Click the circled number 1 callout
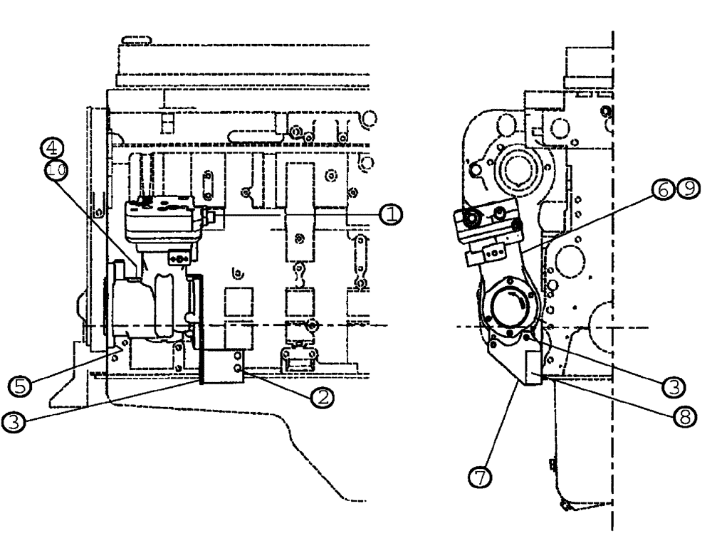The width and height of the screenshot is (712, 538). point(389,212)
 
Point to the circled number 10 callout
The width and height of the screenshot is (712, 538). point(56,169)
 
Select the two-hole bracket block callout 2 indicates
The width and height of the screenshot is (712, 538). point(234,365)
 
